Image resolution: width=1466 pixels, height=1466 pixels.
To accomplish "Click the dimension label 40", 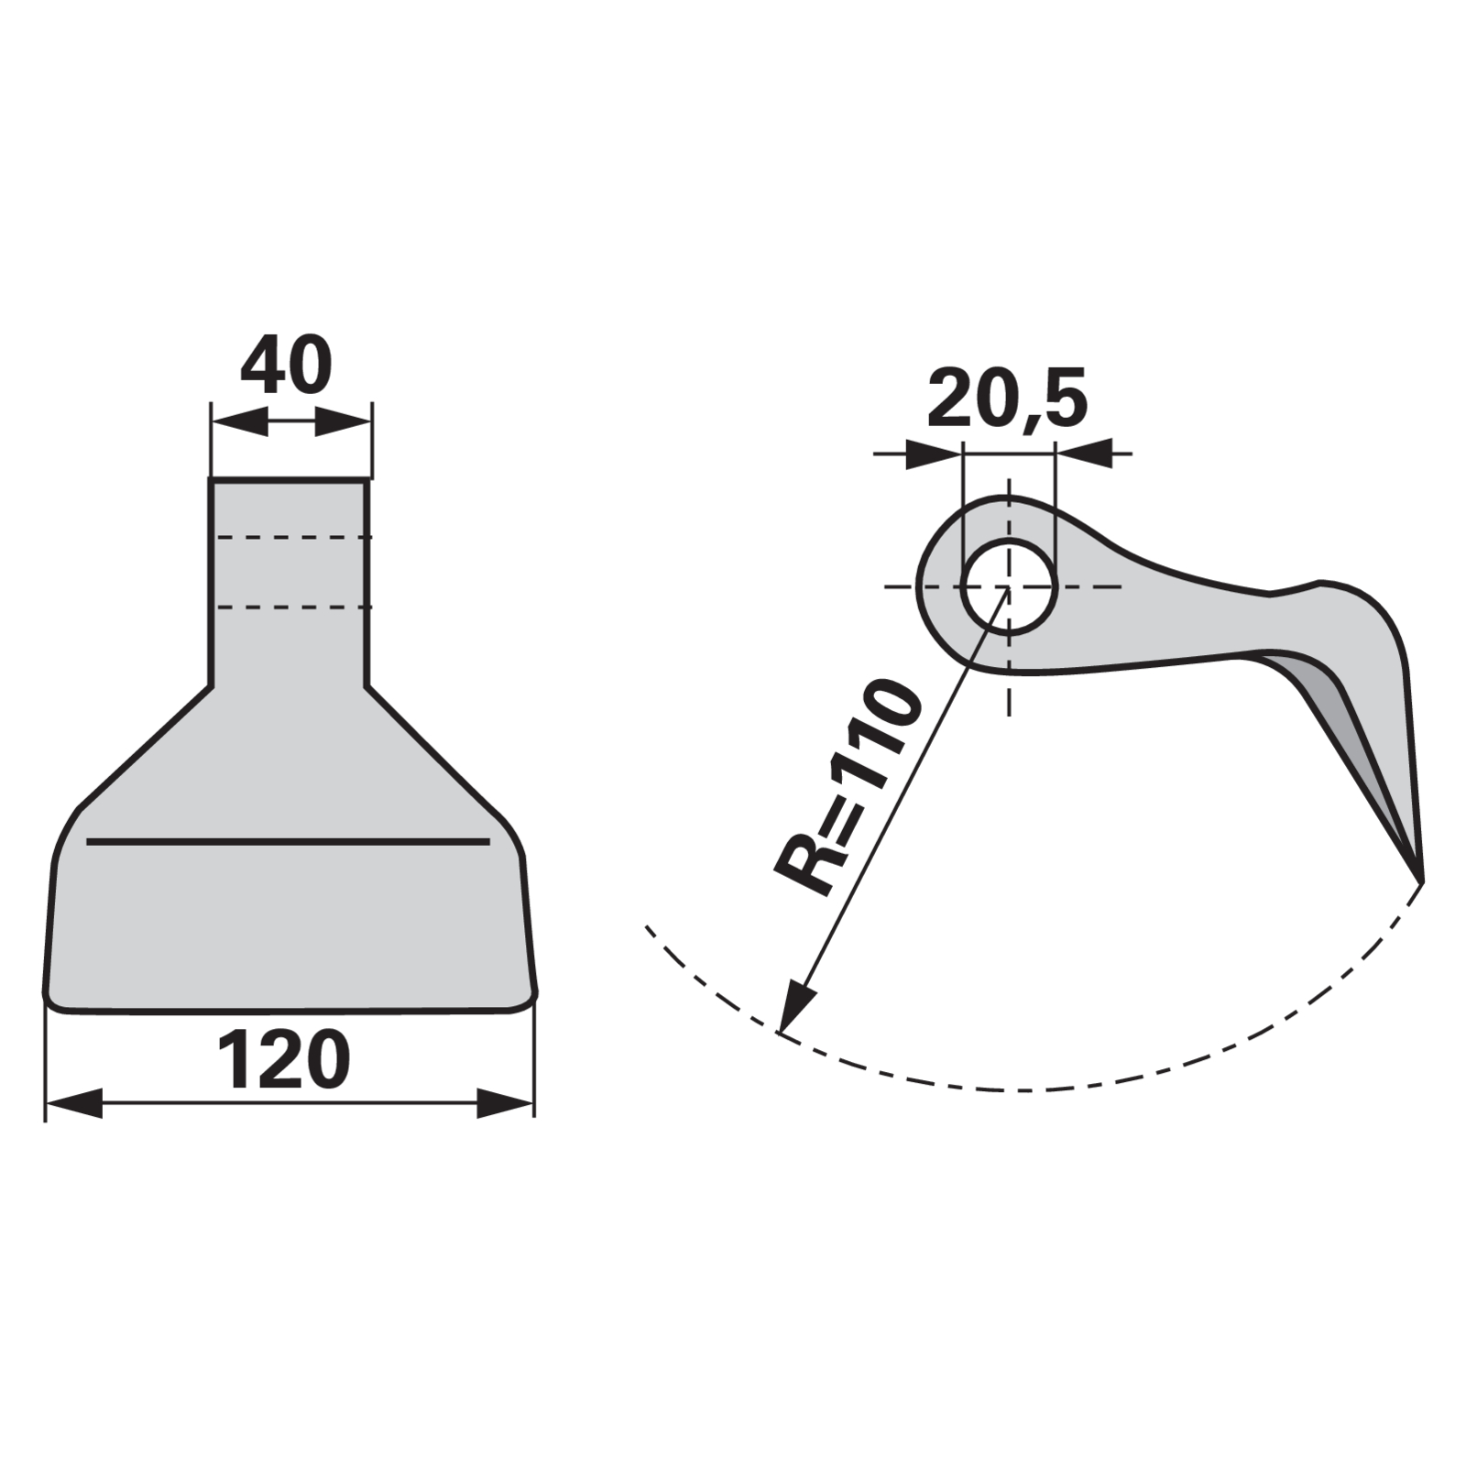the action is pos(286,365).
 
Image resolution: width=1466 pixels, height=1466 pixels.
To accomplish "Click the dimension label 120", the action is pos(284,1060).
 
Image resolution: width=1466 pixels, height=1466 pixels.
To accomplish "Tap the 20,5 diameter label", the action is pos(1007,399).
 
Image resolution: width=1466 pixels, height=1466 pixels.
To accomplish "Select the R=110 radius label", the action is pos(848,787).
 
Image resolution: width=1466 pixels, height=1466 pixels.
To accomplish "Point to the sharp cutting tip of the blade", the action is pos(1421,881).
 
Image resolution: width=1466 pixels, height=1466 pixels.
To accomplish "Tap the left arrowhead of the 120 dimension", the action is pos(73,1102).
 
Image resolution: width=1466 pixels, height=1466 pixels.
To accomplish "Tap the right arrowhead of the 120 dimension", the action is pos(505,1102).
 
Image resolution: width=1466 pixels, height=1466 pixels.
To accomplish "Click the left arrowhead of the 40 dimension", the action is pos(239,422).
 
